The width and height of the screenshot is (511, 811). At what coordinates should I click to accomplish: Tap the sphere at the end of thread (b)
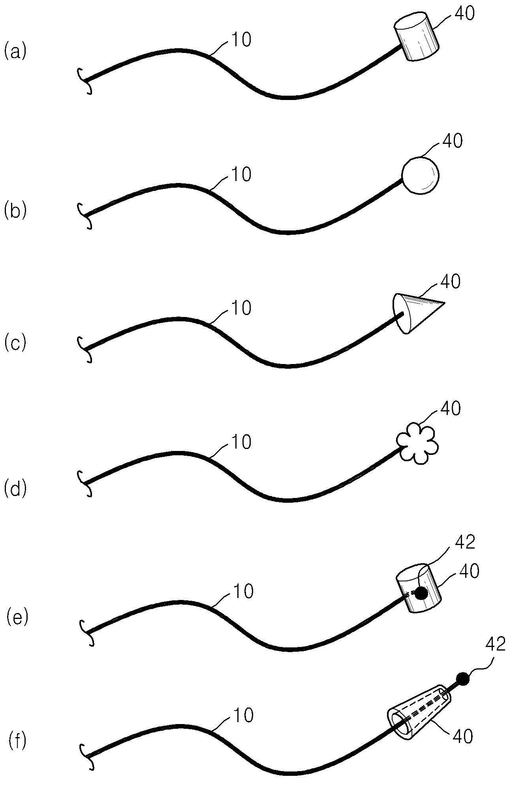pos(420,175)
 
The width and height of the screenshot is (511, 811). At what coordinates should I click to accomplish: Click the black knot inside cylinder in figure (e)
pos(421,592)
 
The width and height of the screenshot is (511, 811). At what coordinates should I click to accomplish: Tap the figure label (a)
pos(15,52)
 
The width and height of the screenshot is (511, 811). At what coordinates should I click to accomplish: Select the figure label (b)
pos(15,211)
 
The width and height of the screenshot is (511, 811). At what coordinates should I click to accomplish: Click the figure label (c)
pos(15,343)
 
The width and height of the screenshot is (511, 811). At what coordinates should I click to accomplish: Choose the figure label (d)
pos(15,489)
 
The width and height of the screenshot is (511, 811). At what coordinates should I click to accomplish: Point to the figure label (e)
pos(17,617)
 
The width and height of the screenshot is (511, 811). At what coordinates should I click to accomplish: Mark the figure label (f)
pos(17,740)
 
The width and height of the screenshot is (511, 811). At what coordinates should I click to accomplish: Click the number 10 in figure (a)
pos(241,40)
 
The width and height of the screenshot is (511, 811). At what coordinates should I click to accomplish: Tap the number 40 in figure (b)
pos(452,141)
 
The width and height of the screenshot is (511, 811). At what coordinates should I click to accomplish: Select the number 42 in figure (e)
pos(465,543)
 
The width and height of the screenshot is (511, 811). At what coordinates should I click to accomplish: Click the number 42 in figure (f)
pos(495,645)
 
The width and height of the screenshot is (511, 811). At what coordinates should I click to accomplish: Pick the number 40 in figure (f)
pos(462,737)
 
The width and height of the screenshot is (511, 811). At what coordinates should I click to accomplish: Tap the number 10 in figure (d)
pos(241,442)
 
